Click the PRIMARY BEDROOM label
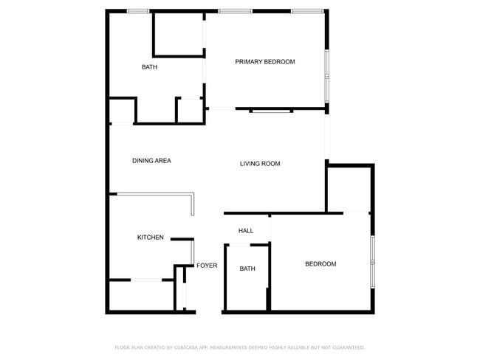coord(264,62)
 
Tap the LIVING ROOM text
coord(260,164)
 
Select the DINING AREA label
coord(151,161)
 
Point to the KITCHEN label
coord(150,238)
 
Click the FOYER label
coord(207,266)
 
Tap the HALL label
coord(246,231)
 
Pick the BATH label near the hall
coord(247,269)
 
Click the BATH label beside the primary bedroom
coord(149,67)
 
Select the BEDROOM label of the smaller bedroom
coord(320,264)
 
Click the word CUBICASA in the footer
coord(190,347)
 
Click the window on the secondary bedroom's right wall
coord(373,262)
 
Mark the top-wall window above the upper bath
coord(138,11)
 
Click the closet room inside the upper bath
coord(178,33)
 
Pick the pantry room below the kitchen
coord(140,296)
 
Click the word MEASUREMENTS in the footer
coord(229,347)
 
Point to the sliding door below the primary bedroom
coord(271,111)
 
